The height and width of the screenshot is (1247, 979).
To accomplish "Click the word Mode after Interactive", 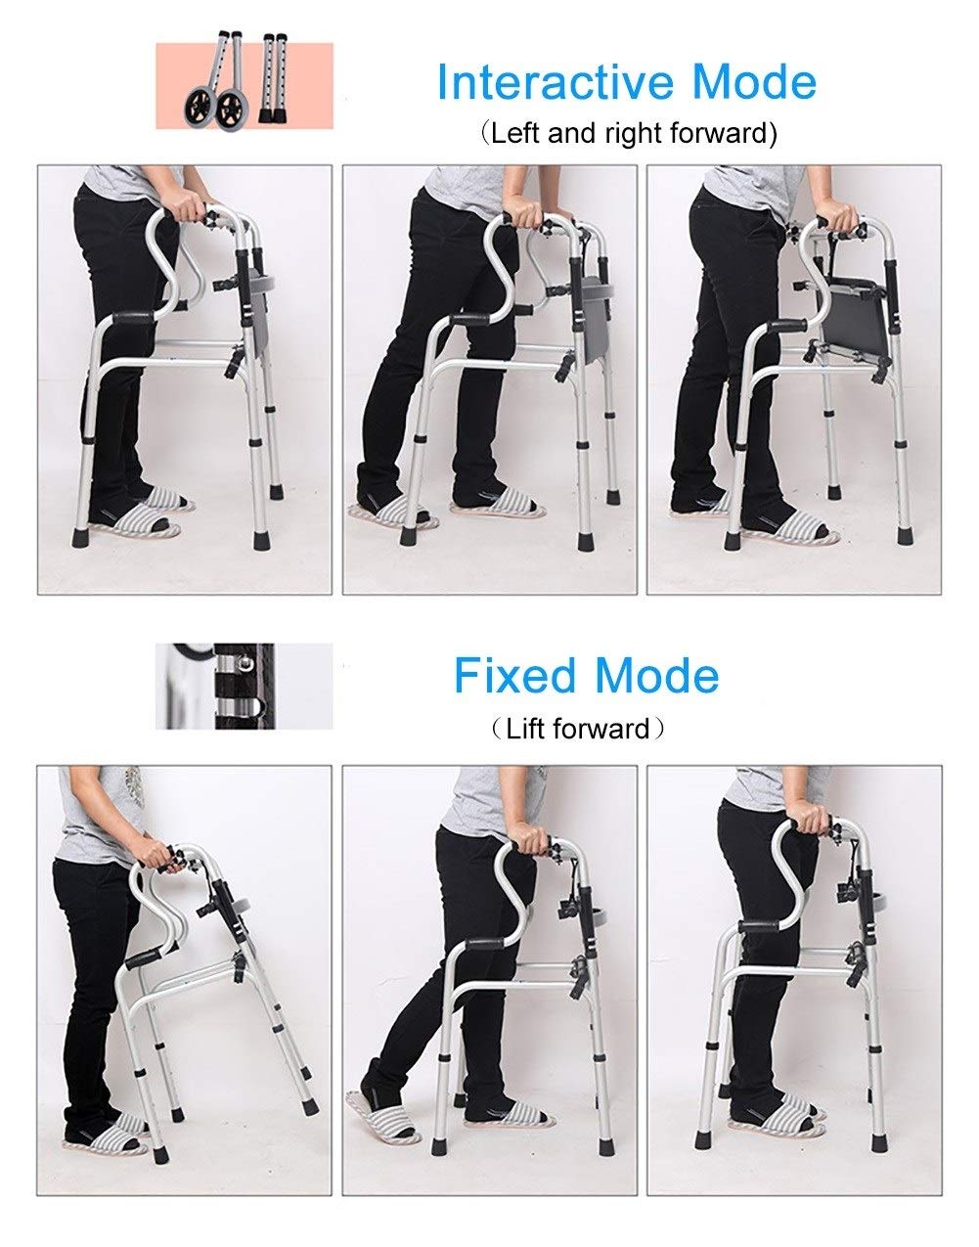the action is pos(754,81).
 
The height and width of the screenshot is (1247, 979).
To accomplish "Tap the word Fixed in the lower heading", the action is pos(514,676).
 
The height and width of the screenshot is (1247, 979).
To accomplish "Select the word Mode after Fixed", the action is pos(656,676).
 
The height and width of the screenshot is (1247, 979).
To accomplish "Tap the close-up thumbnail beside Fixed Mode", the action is pos(244,687).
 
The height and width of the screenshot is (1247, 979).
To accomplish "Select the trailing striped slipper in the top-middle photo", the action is pos(392,513).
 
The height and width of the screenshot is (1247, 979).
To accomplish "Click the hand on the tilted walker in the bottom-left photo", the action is pos(157,853).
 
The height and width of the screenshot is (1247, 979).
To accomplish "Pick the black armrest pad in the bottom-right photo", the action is pos(758,925).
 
